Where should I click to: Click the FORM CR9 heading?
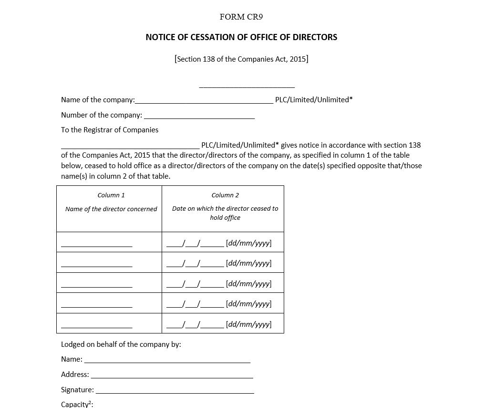(241, 17)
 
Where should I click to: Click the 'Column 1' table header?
(111, 195)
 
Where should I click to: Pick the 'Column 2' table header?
(225, 195)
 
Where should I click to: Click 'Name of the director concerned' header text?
(111, 209)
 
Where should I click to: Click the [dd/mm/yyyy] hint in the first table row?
(248, 243)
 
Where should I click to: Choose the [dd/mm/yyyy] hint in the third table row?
(248, 284)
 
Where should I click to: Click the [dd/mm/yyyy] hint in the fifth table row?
(248, 324)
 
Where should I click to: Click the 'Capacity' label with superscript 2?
(77, 404)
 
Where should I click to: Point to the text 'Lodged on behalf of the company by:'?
(121, 344)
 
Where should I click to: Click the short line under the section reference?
(247, 86)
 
